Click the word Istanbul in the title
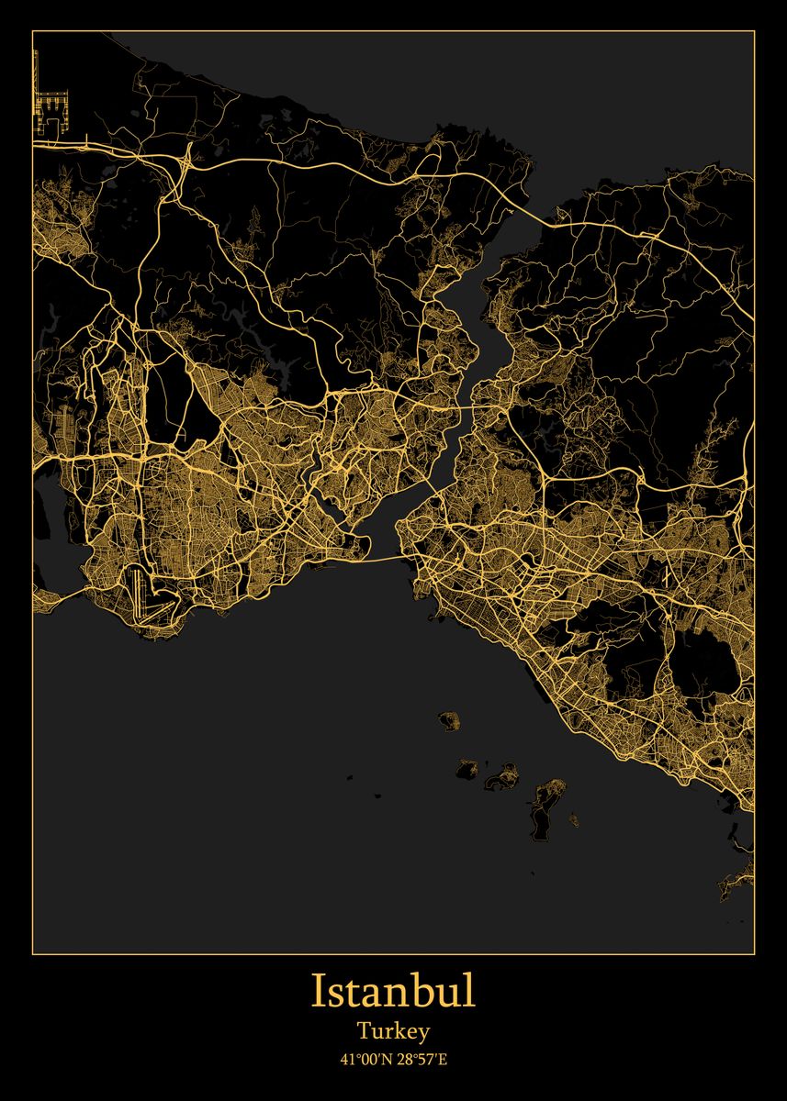tap(393, 992)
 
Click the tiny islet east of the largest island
tap(574, 817)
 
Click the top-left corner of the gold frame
tap(33, 31)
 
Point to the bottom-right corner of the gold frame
tap(754, 952)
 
